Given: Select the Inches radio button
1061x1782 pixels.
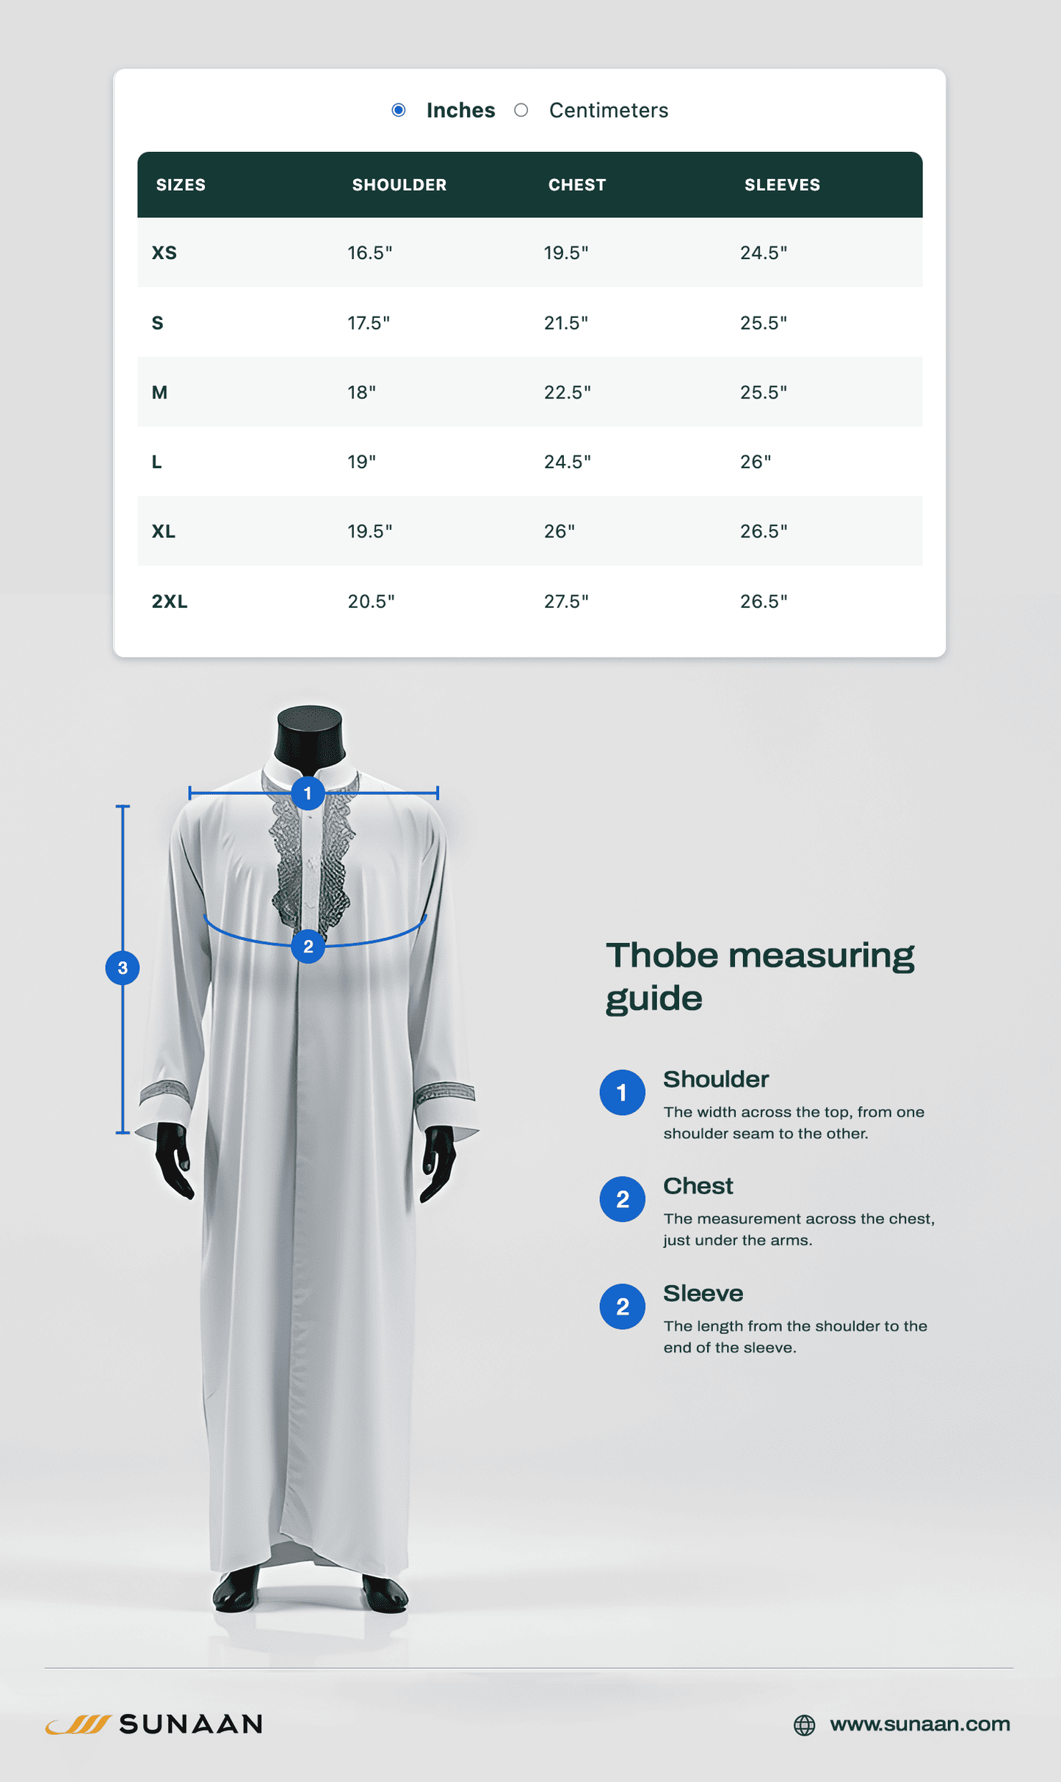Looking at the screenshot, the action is pyautogui.click(x=399, y=110).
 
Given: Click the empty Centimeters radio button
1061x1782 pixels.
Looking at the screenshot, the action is pyautogui.click(x=521, y=110).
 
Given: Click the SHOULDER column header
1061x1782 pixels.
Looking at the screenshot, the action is pyautogui.click(x=399, y=185).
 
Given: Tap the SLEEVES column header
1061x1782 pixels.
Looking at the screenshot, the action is pyautogui.click(x=782, y=185).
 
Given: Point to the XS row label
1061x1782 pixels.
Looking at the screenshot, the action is pyautogui.click(x=164, y=253).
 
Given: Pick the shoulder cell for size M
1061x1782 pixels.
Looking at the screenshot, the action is pyautogui.click(x=361, y=393).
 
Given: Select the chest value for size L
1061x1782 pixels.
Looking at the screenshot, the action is pyautogui.click(x=567, y=462).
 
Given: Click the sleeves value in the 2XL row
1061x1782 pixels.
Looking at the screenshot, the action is pyautogui.click(x=764, y=602).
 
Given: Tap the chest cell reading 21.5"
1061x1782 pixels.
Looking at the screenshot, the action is pyautogui.click(x=566, y=323).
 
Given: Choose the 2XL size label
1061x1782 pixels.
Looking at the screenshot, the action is pyautogui.click(x=170, y=602).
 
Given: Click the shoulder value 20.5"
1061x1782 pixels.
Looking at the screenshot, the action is pyautogui.click(x=371, y=602).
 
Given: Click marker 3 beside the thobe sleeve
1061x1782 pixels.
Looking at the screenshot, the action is pyautogui.click(x=123, y=968).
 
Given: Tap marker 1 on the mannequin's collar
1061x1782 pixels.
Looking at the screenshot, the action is pyautogui.click(x=308, y=793).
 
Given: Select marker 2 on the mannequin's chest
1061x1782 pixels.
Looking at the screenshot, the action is pyautogui.click(x=308, y=947).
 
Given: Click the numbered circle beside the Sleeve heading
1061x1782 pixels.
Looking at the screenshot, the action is pyautogui.click(x=623, y=1306).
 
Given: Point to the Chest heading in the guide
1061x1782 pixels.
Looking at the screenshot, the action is pyautogui.click(x=698, y=1186).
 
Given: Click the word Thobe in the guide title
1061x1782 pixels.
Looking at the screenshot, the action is pyautogui.click(x=662, y=956).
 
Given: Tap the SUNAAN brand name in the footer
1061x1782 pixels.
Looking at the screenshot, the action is pyautogui.click(x=191, y=1724).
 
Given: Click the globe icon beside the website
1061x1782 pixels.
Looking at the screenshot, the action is pyautogui.click(x=805, y=1725).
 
